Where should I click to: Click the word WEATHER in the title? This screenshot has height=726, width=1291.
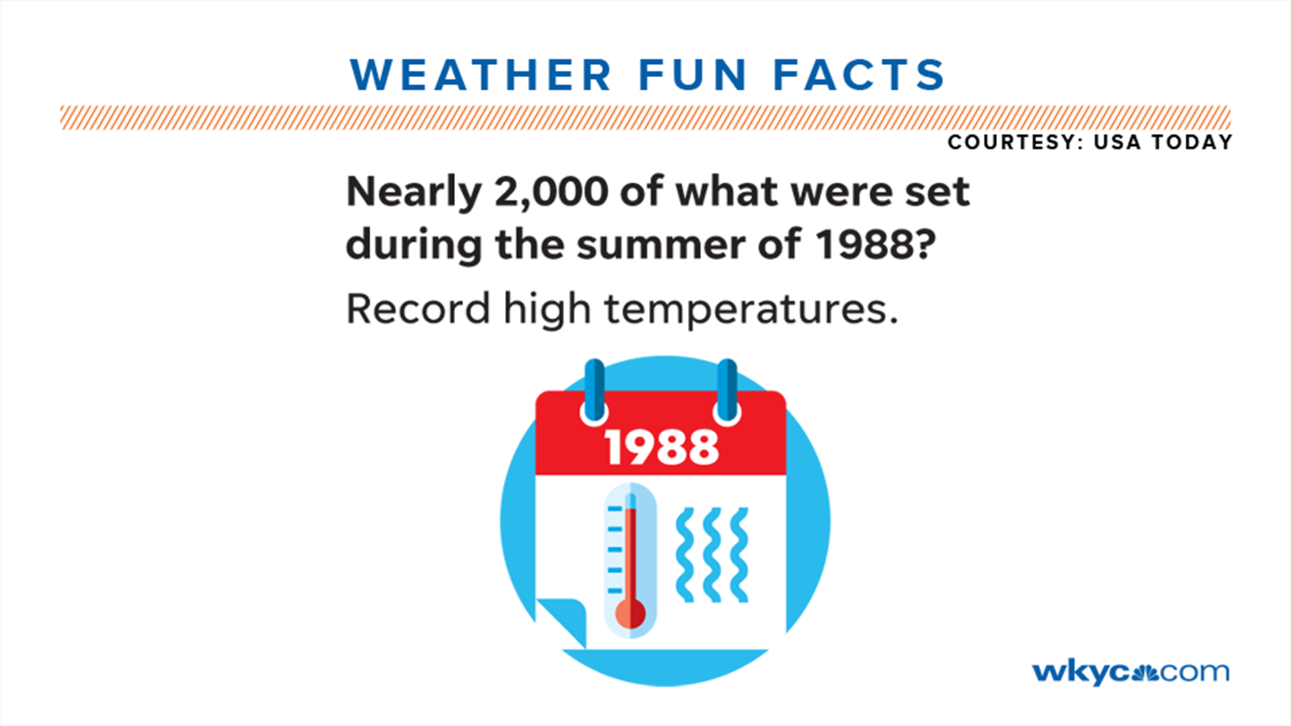click(480, 75)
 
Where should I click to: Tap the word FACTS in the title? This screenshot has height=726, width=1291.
click(859, 75)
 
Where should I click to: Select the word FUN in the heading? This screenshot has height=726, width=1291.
click(692, 75)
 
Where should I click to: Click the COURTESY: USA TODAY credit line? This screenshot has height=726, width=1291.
click(1089, 143)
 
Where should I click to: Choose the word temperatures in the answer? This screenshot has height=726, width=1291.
click(750, 311)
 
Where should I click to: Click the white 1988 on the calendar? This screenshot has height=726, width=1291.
click(662, 447)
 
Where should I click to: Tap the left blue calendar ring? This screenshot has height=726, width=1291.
click(594, 391)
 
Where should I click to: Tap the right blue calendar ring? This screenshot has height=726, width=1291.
click(727, 391)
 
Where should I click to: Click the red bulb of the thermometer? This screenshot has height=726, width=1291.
click(631, 614)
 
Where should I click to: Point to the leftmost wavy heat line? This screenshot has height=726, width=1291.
click(685, 555)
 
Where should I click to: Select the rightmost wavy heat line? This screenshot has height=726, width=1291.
click(739, 555)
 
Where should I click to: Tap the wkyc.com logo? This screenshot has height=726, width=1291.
click(1130, 672)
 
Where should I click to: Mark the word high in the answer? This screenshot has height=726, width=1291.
click(547, 311)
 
